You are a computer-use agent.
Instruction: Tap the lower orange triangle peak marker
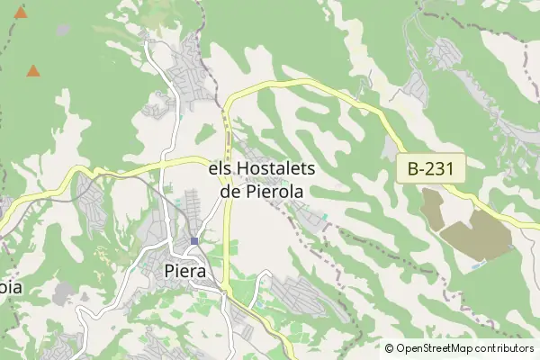(33, 70)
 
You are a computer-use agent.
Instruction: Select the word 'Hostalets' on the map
(269, 169)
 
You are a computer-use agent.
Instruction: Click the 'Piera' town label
(186, 271)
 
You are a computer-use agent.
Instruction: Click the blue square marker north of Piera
(194, 240)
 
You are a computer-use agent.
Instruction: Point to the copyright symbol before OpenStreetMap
(389, 348)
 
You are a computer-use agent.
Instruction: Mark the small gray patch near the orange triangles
(62, 30)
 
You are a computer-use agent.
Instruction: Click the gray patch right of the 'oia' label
(63, 292)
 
